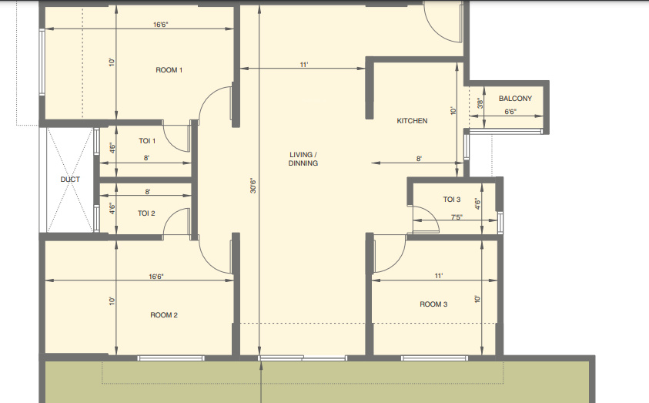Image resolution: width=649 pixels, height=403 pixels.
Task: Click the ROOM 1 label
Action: coord(169,70)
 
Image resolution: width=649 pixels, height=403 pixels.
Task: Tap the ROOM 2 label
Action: coord(164,314)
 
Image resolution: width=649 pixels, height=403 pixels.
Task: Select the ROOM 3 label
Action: coord(433,304)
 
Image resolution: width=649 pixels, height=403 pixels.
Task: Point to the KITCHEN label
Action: coord(412,121)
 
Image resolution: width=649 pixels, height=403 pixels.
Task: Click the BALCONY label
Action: coord(515,99)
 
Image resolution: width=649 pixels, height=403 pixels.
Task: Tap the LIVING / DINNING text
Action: coord(303,159)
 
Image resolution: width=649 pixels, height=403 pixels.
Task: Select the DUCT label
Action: coord(70,180)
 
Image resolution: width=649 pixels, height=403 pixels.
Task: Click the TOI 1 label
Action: coord(147,141)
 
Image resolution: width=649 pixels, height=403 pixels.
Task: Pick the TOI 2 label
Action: coord(147,213)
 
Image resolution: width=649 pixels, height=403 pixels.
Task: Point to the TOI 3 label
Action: coord(452,200)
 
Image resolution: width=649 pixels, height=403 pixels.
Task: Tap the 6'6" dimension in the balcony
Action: coord(510,112)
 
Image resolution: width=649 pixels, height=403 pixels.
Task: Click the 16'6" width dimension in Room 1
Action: coord(160,25)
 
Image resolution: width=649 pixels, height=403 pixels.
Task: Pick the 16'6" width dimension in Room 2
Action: coord(156,276)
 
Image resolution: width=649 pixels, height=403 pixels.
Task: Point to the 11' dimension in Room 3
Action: coord(440,275)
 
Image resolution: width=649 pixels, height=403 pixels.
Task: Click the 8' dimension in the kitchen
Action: coord(419,159)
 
